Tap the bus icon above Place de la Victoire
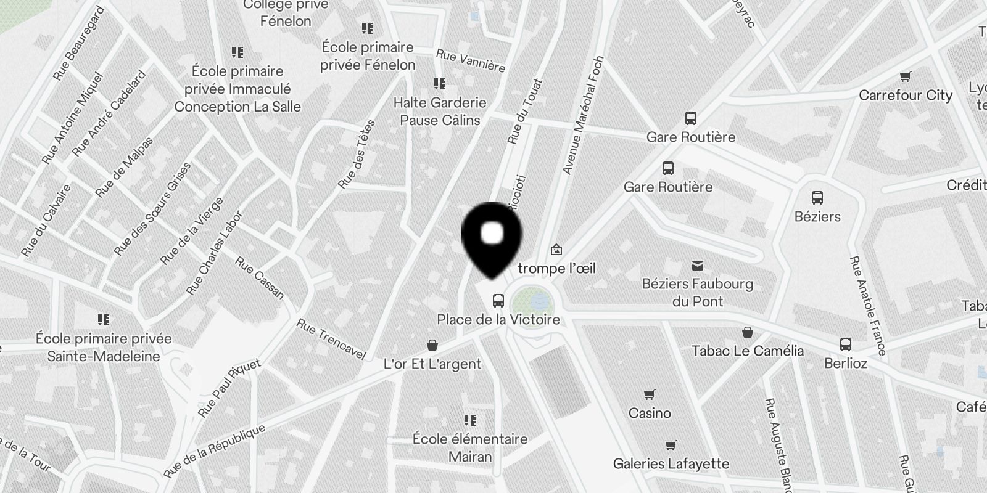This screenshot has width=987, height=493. click(x=498, y=301)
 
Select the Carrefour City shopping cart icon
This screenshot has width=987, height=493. click(x=905, y=77)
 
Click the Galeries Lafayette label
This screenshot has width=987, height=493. click(x=671, y=463)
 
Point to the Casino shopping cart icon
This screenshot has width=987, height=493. click(x=649, y=394)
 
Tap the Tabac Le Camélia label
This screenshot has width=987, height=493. click(x=748, y=351)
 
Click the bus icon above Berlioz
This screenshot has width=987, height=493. click(x=846, y=344)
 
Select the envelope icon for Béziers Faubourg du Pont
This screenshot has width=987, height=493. click(x=698, y=266)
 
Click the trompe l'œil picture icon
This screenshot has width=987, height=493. click(x=556, y=250)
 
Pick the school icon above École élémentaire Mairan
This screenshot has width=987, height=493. click(x=470, y=420)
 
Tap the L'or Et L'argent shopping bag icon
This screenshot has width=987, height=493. click(x=432, y=345)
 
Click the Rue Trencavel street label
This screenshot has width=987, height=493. click(x=331, y=339)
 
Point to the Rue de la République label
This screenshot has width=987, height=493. click(x=215, y=451)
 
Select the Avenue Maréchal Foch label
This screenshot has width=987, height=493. click(x=583, y=115)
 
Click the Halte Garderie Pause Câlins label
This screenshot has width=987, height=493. click(x=440, y=111)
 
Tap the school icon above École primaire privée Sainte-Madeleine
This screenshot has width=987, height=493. click(x=104, y=320)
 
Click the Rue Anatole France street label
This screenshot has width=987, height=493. click(x=867, y=306)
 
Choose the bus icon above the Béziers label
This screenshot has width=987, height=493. click(x=817, y=198)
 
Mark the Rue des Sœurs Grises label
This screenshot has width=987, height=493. click(x=153, y=208)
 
